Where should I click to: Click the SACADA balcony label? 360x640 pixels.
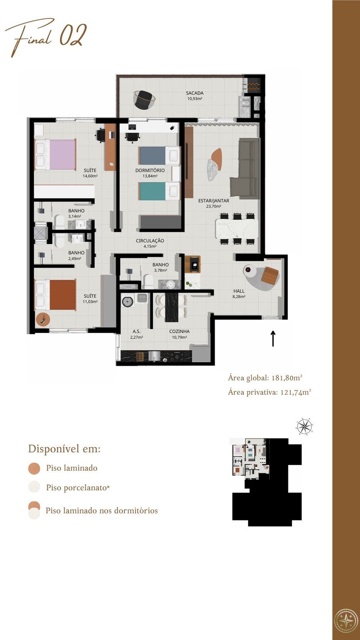click(x=195, y=93)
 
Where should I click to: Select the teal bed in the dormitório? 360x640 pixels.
click(x=160, y=191)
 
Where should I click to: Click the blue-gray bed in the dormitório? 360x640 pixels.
click(x=160, y=156)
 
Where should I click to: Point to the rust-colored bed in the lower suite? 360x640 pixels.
click(x=56, y=295)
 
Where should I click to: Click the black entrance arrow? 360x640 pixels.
click(x=273, y=339)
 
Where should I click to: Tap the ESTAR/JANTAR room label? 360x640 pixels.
click(x=213, y=200)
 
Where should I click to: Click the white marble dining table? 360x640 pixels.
click(x=237, y=228)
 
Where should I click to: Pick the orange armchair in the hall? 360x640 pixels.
click(x=270, y=276)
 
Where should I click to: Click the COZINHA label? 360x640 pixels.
click(x=179, y=332)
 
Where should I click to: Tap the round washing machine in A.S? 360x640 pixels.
click(x=128, y=301)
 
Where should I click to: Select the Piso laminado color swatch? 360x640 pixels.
click(x=34, y=468)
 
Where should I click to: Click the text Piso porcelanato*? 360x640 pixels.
click(x=78, y=488)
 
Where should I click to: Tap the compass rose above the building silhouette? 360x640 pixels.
click(x=304, y=427)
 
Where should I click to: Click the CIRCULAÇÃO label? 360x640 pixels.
click(x=150, y=240)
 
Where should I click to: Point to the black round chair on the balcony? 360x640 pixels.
click(x=144, y=99)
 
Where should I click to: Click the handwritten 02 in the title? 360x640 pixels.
click(x=73, y=35)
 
